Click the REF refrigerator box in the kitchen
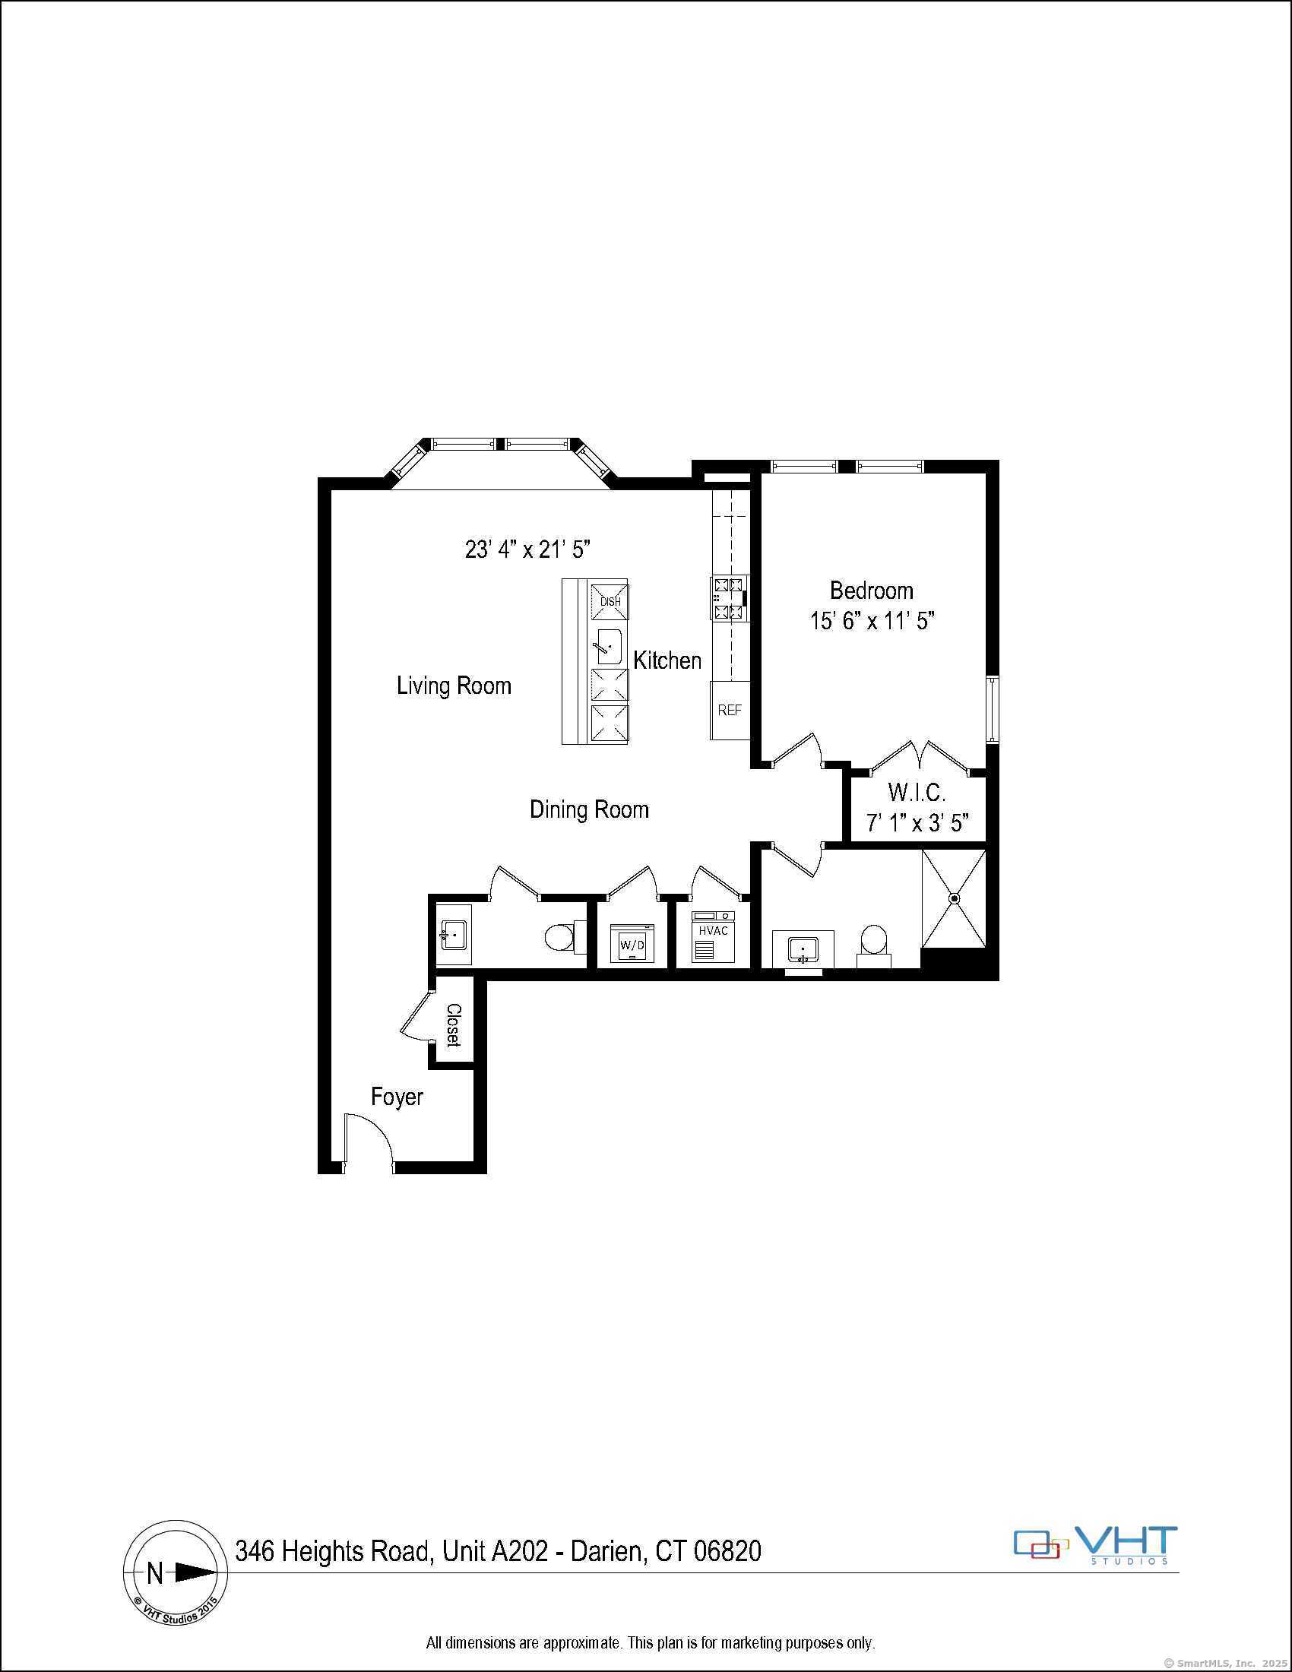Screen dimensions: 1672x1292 tap(730, 710)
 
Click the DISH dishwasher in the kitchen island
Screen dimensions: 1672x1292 tap(610, 601)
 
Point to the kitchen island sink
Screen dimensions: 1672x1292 tap(610, 647)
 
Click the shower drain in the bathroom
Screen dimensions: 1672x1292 tap(955, 898)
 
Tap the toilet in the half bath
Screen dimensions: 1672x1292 tap(562, 936)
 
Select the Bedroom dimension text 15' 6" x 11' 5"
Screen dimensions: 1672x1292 tap(872, 620)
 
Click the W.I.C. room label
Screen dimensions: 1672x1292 tap(917, 792)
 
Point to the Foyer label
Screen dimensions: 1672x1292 tap(397, 1097)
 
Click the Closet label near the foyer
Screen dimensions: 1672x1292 tap(453, 1024)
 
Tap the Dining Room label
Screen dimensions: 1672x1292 tap(588, 809)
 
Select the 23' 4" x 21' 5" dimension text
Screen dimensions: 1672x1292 tap(528, 549)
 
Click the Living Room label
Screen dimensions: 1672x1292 tap(454, 686)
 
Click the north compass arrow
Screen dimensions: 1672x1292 tap(194, 1572)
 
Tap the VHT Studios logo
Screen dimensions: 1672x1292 tap(1095, 1547)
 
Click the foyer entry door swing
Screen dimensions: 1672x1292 tap(367, 1140)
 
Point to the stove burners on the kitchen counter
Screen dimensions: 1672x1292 tap(728, 598)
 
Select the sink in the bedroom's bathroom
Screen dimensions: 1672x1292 tap(802, 949)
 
